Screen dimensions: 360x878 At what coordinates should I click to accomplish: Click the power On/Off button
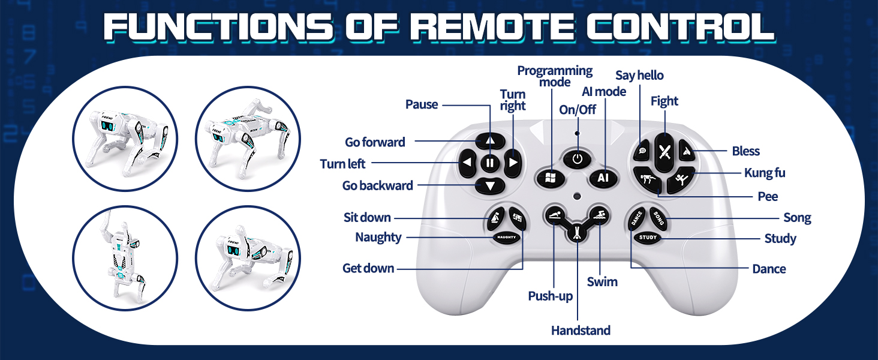[x=578, y=159]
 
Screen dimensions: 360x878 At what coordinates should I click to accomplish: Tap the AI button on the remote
[x=603, y=178]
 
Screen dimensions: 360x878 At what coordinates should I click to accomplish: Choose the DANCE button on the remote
[x=637, y=218]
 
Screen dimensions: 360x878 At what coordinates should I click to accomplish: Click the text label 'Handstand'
[x=581, y=331]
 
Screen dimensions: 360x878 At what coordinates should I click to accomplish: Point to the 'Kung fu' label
[x=765, y=173]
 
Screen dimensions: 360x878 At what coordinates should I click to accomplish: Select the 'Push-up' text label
[x=550, y=296]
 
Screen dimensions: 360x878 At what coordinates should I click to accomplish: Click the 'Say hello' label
[x=639, y=76]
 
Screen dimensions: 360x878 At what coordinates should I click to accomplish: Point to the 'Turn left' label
[x=342, y=164]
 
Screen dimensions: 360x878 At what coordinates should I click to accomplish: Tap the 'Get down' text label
[x=368, y=268]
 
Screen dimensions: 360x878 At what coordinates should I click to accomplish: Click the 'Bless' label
[x=745, y=151]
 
